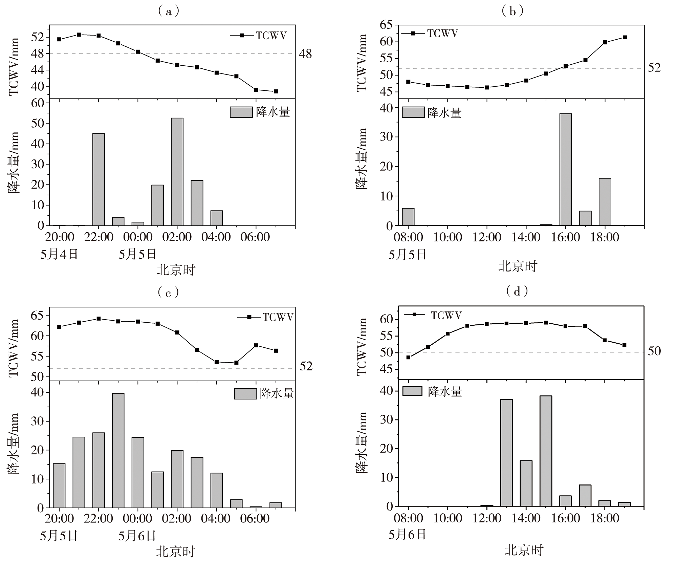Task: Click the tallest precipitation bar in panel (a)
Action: click(x=177, y=172)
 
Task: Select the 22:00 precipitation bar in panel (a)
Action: click(x=99, y=179)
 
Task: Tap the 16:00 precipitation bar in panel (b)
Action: click(x=565, y=170)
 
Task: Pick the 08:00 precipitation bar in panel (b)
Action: click(x=408, y=217)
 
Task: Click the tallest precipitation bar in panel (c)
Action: click(x=118, y=450)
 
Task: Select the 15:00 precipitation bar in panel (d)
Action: click(x=546, y=451)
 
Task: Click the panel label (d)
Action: click(x=517, y=291)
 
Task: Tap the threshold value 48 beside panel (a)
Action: click(x=305, y=54)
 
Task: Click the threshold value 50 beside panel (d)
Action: click(x=654, y=351)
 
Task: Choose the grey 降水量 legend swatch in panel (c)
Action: click(x=245, y=394)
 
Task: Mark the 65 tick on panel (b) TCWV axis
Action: click(x=386, y=25)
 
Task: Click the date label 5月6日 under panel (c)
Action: click(x=137, y=536)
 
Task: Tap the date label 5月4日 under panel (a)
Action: click(x=59, y=254)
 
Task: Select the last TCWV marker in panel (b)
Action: click(x=625, y=37)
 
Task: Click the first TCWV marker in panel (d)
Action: click(x=408, y=357)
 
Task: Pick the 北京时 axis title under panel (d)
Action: click(x=524, y=550)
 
